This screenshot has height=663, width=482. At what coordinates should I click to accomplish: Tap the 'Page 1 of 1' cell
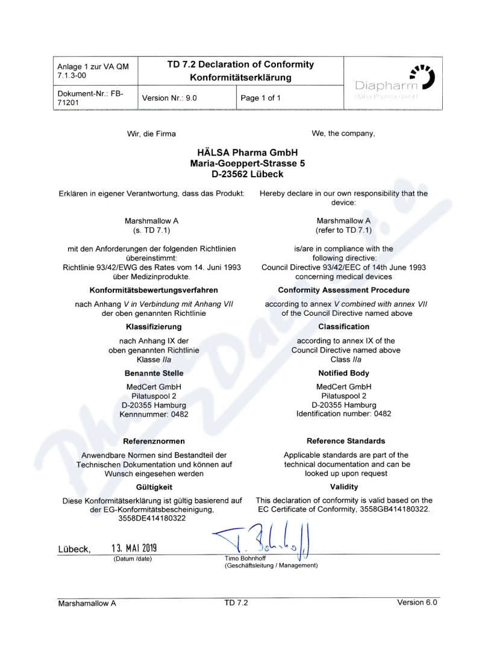(261, 97)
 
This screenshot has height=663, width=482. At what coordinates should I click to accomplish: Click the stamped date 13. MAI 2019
(134, 548)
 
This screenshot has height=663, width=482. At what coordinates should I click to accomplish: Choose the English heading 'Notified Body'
(343, 373)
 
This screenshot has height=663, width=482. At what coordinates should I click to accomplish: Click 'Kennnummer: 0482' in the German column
(154, 414)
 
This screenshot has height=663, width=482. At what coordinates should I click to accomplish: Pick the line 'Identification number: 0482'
(343, 414)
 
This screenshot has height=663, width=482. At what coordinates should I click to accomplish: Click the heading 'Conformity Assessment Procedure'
(343, 291)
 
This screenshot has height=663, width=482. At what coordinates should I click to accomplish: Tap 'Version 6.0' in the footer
(417, 602)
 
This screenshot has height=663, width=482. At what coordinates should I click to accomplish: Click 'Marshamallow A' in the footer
(87, 603)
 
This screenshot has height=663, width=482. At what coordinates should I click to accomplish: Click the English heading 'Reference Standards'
(345, 441)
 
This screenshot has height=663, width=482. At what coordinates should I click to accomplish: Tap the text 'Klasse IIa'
(154, 359)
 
